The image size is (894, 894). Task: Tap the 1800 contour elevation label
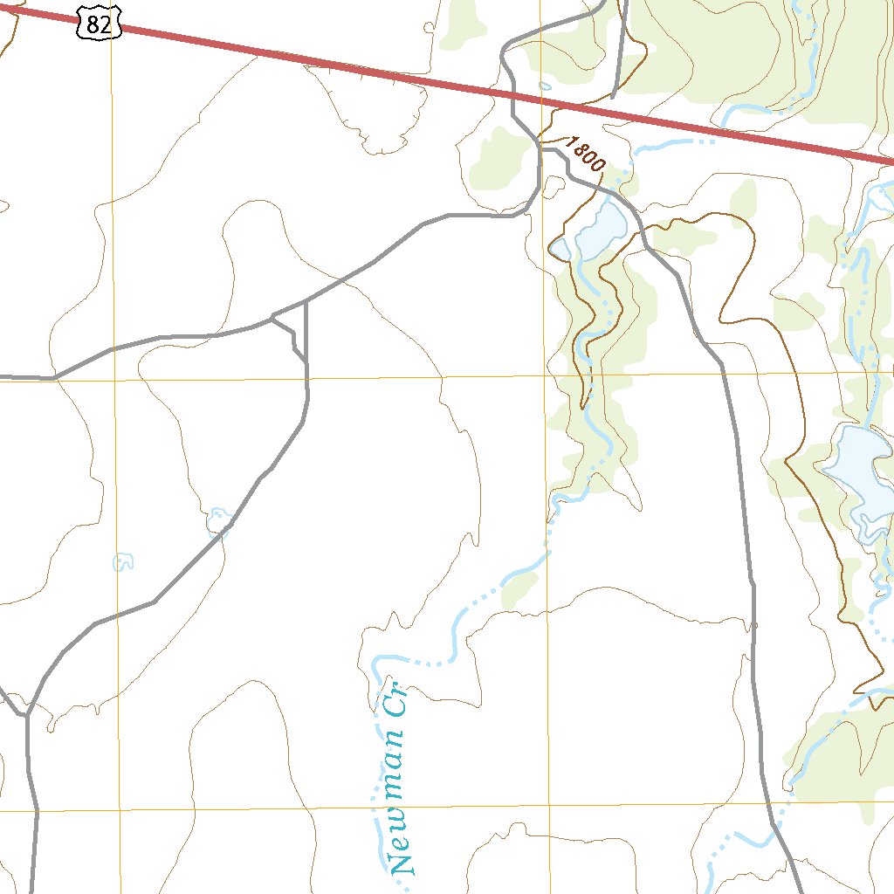click(x=585, y=153)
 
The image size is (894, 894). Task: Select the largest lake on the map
click(x=860, y=477)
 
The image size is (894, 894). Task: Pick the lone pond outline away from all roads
click(x=124, y=561)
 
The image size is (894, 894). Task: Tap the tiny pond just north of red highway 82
click(x=546, y=86)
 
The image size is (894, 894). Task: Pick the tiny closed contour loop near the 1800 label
click(x=554, y=184)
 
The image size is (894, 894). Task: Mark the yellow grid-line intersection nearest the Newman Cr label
click(x=551, y=807)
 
